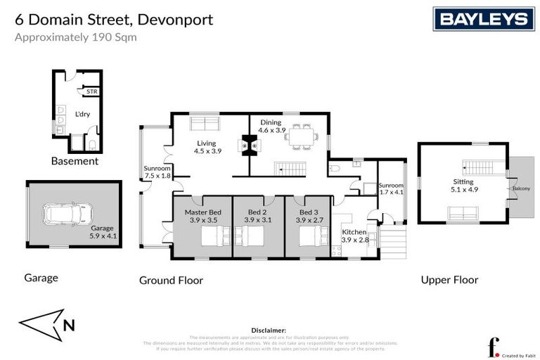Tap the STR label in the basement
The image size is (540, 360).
(91, 92)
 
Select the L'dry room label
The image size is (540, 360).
(83, 114)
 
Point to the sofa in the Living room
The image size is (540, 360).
(205, 124)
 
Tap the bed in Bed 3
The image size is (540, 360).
(309, 239)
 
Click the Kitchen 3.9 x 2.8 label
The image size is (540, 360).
(354, 236)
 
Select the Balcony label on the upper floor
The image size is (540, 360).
(521, 188)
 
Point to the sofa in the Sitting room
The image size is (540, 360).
(463, 213)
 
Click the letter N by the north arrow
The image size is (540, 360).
(68, 325)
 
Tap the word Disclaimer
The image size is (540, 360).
(269, 329)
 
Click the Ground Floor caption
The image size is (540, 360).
(171, 281)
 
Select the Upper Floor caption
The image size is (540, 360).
(449, 280)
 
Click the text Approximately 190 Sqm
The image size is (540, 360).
(76, 37)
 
